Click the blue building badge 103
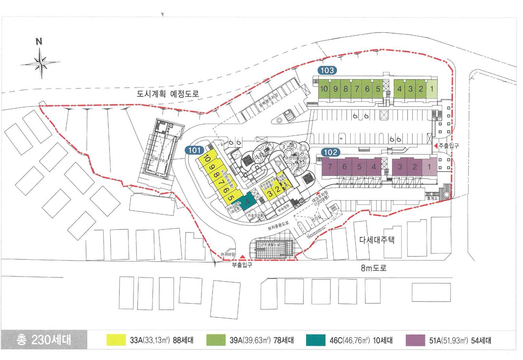click(327, 70)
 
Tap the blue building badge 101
click(194, 150)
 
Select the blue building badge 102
click(330, 152)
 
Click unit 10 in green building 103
click(324, 89)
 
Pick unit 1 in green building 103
click(432, 89)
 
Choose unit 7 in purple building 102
click(330, 167)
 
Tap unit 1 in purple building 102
click(429, 167)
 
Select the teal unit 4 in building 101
click(247, 202)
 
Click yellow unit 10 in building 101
click(207, 159)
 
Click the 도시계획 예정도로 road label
click(168, 94)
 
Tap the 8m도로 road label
click(373, 268)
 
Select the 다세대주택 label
click(377, 240)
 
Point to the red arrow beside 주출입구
click(435, 146)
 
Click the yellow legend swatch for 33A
click(116, 340)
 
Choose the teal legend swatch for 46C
click(316, 340)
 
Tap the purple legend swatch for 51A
click(416, 340)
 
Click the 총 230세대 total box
click(44, 340)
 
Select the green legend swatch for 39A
click(216, 340)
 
